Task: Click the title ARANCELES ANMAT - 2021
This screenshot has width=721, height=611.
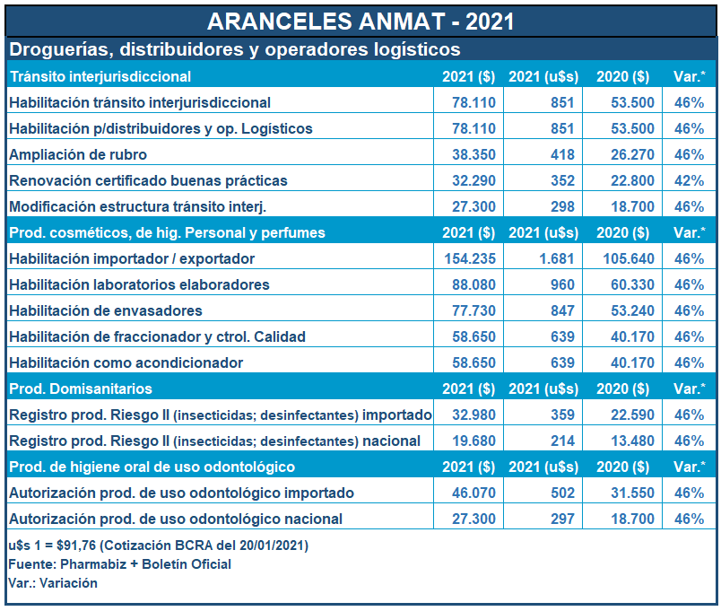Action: [x=360, y=20]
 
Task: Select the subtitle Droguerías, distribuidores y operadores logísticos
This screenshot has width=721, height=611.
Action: [x=234, y=48]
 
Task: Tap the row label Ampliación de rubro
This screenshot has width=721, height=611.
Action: [x=78, y=154]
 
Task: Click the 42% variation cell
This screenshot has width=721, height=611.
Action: [x=689, y=180]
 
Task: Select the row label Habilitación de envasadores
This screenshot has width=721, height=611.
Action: [x=106, y=310]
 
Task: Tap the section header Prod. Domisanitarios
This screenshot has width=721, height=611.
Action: [x=81, y=388]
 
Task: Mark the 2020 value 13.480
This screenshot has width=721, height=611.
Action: [x=625, y=441]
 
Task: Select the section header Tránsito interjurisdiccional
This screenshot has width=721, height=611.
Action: [x=100, y=76]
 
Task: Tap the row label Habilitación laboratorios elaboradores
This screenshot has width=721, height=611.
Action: [x=139, y=284]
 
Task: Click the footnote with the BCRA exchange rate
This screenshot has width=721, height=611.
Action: [x=158, y=546]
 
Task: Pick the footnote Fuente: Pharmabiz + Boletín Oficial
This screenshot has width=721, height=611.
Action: [x=119, y=564]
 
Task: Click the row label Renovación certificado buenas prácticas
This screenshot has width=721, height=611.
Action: [x=148, y=180]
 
